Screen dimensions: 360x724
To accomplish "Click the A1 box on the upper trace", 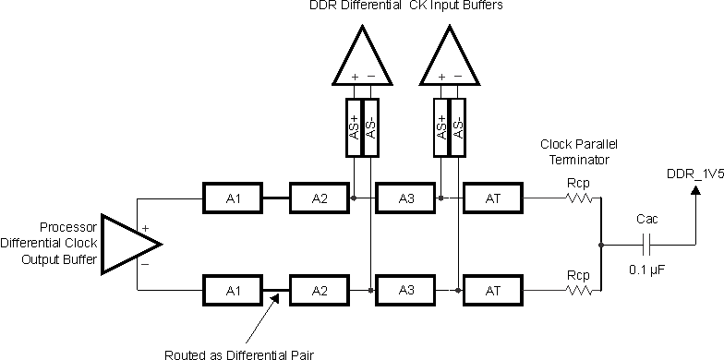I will point(232,197).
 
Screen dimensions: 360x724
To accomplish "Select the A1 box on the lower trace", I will point(232,289).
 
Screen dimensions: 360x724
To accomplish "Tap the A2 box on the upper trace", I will point(320,197).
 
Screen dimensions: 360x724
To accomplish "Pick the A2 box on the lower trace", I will point(320,289).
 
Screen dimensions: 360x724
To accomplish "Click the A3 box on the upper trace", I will point(405,197).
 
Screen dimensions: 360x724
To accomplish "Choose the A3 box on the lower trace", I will point(405,289).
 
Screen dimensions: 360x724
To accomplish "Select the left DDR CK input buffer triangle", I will point(361,57).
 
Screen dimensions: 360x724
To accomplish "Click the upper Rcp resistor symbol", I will point(578,197).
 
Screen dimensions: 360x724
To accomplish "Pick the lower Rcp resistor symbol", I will point(578,289).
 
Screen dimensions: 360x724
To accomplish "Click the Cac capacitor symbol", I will point(646,245).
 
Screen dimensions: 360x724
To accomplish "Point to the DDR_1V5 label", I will point(694,173).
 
